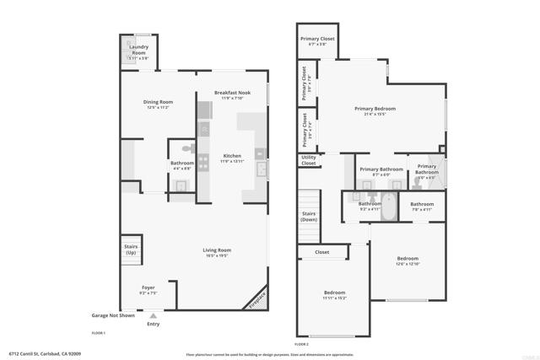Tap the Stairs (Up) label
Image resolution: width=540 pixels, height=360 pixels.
click(x=131, y=250)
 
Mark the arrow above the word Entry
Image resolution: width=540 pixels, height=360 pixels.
click(x=153, y=315)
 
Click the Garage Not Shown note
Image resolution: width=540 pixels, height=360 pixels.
click(x=113, y=315)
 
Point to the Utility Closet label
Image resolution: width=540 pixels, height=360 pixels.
click(x=308, y=160)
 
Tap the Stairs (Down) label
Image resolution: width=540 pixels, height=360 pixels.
click(x=309, y=217)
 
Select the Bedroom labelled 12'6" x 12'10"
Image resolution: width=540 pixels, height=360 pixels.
click(x=408, y=261)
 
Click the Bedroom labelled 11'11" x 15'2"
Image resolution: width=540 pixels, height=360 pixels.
click(x=335, y=295)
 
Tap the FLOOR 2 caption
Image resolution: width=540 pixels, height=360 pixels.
click(x=301, y=345)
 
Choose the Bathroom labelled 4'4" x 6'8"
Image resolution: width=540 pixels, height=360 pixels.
click(x=182, y=165)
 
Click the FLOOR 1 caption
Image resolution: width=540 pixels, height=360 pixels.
click(x=98, y=333)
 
